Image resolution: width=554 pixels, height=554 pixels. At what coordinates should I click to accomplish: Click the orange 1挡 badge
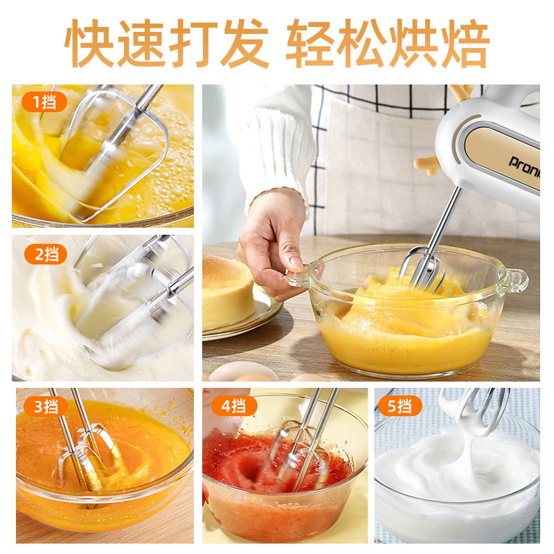click(44, 102)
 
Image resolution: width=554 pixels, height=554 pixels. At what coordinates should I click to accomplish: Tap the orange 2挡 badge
click(46, 254)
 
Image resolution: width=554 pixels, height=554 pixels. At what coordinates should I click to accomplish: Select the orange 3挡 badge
click(46, 406)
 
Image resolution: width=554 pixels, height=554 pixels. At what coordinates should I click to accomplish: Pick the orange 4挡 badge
click(234, 406)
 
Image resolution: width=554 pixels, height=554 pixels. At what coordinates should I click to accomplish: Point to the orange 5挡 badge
click(400, 406)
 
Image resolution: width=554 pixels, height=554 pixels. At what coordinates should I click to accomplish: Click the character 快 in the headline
click(89, 43)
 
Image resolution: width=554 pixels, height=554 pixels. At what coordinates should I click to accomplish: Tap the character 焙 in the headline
click(465, 43)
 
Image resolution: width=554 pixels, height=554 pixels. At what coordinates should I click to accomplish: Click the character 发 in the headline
click(244, 43)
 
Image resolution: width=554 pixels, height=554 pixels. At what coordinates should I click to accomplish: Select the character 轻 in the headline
click(310, 43)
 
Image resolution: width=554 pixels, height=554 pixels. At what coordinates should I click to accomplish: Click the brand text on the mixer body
click(524, 167)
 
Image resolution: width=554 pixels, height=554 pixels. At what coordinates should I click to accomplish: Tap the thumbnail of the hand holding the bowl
click(272, 244)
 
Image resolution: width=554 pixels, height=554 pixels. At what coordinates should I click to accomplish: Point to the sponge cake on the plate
click(228, 292)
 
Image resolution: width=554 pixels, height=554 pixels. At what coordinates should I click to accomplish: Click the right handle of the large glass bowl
click(515, 280)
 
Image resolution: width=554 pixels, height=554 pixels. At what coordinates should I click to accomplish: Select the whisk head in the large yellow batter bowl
click(422, 268)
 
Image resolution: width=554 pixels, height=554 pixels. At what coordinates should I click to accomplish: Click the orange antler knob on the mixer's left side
click(427, 166)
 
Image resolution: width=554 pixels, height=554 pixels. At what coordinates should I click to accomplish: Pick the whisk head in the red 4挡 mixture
click(301, 456)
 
